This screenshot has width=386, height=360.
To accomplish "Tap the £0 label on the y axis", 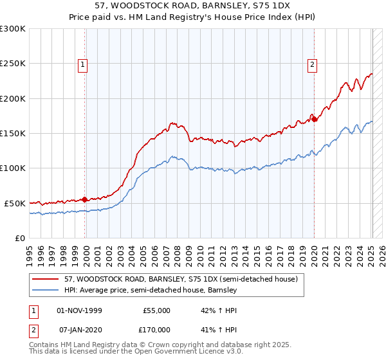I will (x=19, y=238).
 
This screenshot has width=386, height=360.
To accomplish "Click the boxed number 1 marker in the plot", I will (x=84, y=64).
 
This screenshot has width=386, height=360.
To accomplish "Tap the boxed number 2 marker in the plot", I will (x=312, y=64).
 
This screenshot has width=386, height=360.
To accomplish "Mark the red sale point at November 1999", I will (x=85, y=199).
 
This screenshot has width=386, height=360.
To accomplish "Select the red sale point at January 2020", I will (x=315, y=119).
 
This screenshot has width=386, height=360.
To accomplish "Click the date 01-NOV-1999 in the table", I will (x=79, y=310).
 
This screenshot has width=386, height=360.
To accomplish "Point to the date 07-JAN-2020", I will (x=79, y=329).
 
